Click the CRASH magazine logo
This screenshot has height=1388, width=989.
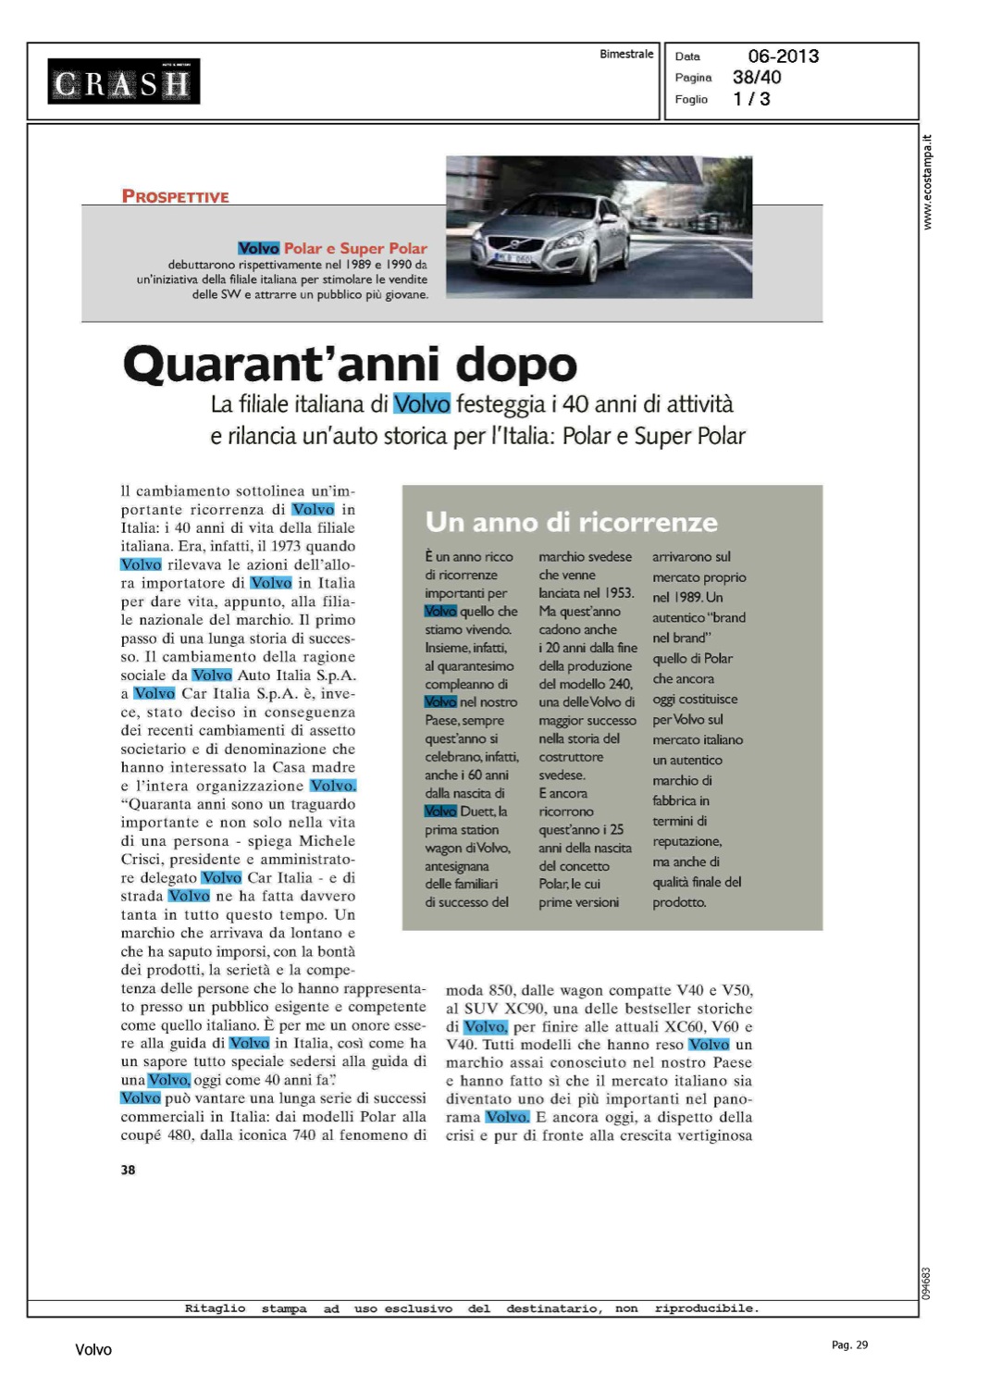click(124, 82)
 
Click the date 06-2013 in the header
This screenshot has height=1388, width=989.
click(783, 56)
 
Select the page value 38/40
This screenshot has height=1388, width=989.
click(757, 78)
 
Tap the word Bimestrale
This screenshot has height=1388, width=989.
click(626, 55)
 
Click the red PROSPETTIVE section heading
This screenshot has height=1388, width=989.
click(175, 196)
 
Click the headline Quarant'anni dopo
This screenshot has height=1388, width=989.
click(350, 364)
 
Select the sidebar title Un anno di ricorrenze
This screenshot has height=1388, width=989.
click(571, 522)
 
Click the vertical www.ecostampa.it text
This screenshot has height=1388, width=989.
click(928, 183)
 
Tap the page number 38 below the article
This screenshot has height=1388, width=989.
click(128, 1170)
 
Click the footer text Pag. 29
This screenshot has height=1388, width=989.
click(849, 1345)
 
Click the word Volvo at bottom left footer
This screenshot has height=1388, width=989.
click(93, 1350)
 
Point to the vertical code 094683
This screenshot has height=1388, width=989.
click(927, 1283)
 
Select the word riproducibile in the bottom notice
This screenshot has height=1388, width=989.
click(706, 1308)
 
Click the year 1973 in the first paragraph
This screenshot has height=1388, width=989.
click(285, 546)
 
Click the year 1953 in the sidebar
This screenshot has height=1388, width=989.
click(619, 593)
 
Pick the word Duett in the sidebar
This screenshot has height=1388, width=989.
click(477, 812)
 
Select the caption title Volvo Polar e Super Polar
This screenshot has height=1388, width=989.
click(332, 248)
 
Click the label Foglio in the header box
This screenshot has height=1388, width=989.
click(691, 99)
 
